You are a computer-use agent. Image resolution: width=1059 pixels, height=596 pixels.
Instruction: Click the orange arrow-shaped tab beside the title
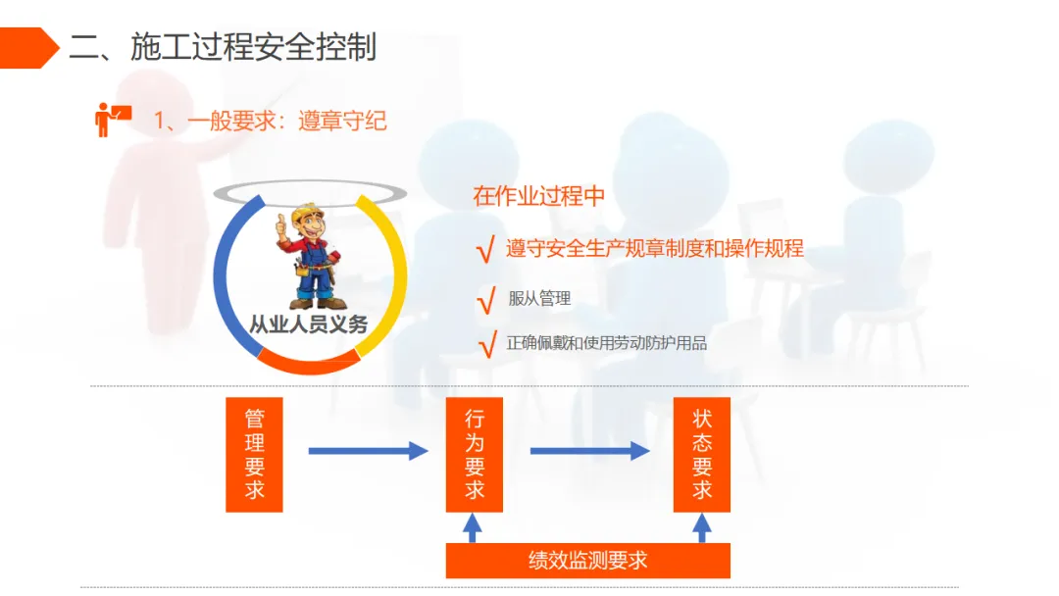[x=27, y=47]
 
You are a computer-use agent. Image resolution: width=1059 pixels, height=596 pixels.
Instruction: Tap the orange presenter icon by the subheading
[x=112, y=119]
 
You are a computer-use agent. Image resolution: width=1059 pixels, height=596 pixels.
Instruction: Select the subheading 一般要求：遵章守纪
[x=271, y=121]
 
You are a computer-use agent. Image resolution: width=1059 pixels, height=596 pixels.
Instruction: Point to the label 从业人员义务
[x=309, y=324]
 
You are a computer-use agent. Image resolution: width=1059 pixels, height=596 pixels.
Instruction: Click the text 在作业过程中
[x=538, y=196]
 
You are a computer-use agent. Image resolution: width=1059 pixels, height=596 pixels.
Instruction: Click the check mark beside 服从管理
[x=484, y=301]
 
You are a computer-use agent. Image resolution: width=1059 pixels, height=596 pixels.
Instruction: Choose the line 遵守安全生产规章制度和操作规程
[x=654, y=249]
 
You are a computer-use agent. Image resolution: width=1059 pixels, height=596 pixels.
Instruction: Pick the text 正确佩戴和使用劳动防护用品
[x=606, y=343]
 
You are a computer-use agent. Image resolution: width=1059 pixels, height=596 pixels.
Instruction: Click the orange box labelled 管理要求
[x=254, y=454]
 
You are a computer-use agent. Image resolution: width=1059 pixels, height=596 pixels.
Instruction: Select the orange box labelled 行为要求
[x=475, y=454]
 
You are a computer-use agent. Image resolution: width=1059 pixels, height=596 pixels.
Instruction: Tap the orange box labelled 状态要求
[x=702, y=454]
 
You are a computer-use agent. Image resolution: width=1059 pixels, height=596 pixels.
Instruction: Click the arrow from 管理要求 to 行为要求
[x=368, y=451]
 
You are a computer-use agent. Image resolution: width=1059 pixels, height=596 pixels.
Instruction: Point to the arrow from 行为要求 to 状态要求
[x=589, y=451]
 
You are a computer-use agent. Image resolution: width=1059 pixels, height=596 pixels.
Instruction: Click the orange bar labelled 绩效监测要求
[x=587, y=561]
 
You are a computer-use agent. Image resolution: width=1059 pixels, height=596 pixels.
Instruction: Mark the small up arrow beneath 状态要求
[x=702, y=528]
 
